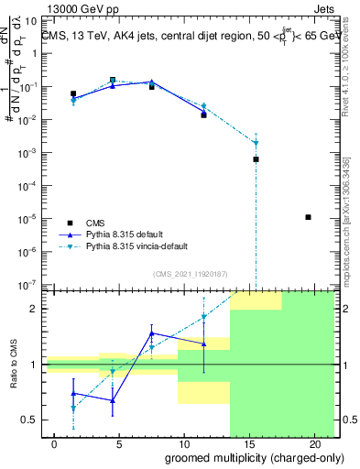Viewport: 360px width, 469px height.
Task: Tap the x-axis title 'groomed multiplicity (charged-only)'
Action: coord(243,457)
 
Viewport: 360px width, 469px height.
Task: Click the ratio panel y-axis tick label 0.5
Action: coord(28,420)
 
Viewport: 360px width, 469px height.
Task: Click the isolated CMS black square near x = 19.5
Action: coord(308,217)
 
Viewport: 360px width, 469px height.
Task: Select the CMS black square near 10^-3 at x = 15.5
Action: coord(256,159)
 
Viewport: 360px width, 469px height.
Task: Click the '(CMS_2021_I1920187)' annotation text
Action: coord(190,273)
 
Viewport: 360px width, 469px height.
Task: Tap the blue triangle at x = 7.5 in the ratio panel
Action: coord(152,333)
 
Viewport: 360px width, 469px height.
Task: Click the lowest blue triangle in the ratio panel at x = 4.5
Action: coord(113,400)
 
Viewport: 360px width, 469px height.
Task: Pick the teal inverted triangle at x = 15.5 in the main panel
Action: coord(256,143)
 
